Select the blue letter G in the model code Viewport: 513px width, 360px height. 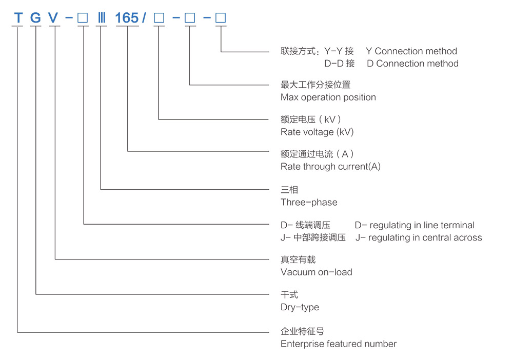35,18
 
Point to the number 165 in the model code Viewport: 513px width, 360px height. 127,18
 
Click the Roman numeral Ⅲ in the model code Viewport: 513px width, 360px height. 101,18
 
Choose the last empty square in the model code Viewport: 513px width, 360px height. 221,18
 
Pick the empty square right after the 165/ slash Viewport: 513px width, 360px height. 159,18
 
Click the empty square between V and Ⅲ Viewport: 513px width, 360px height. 83,18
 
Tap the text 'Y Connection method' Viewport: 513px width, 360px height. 411,51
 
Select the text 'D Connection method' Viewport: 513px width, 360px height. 412,64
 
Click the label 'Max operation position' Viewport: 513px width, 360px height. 328,97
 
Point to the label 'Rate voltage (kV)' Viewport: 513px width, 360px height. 317,132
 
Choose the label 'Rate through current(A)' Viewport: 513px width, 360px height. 330,167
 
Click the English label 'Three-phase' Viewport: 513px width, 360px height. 309,202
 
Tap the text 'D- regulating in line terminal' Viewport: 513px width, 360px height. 415,225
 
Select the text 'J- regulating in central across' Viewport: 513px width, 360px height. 419,237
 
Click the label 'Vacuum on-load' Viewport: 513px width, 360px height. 317,272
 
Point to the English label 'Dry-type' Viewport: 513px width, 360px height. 300,307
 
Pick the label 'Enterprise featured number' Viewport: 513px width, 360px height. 339,344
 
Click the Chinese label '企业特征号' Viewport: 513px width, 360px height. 303,331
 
